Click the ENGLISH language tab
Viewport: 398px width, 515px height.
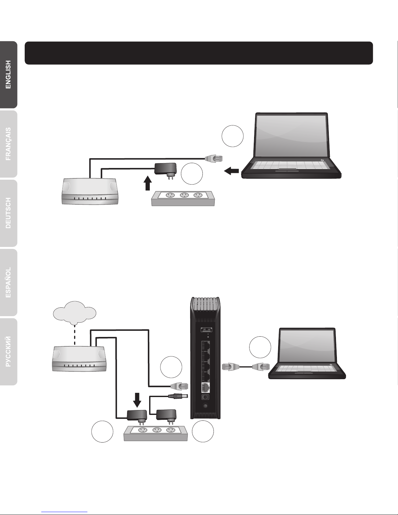coord(8,75)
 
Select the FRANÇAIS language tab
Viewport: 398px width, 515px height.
coord(8,144)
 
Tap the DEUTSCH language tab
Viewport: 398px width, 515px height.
coord(8,213)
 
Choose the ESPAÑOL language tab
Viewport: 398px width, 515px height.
coord(8,282)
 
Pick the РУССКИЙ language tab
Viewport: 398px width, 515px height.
coord(8,352)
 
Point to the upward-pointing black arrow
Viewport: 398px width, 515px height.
coord(148,183)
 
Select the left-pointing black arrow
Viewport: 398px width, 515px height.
coord(231,171)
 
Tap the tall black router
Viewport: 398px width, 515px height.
coord(205,358)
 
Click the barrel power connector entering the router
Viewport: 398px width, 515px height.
coord(178,396)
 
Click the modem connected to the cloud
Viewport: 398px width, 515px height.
coord(79,359)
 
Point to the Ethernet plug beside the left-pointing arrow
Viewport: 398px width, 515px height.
coord(214,158)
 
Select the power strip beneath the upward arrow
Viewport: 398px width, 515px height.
coord(183,199)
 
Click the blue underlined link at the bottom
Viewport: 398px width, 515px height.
coord(64,512)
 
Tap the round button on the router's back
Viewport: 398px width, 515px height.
coord(205,406)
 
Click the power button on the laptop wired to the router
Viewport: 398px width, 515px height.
coord(330,365)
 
